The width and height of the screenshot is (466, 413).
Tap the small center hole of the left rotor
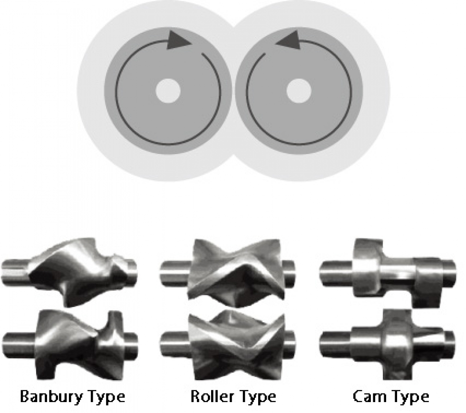(168, 90)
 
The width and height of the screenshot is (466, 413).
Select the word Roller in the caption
(212, 396)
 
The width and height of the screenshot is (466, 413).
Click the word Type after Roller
(256, 397)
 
